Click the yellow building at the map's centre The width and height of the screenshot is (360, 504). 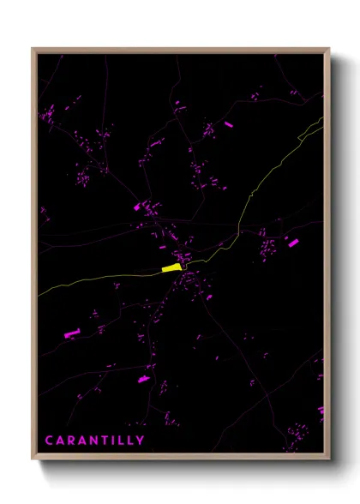click(x=171, y=268)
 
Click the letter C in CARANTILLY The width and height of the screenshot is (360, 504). click(x=49, y=441)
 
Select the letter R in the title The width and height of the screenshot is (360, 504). click(x=72, y=441)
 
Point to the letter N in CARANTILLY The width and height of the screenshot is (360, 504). click(x=95, y=441)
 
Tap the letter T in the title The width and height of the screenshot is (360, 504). click(x=106, y=441)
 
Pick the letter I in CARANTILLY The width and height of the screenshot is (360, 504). click(x=115, y=441)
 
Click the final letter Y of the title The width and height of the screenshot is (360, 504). click(x=141, y=441)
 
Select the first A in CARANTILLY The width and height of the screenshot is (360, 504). click(x=60, y=441)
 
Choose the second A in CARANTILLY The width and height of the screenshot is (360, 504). click(x=83, y=441)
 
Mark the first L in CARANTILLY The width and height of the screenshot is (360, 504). click(x=122, y=441)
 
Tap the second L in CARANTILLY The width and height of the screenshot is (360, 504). click(x=130, y=441)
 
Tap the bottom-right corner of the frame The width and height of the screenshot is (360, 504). click(x=329, y=459)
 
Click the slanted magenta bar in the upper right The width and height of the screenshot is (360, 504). click(x=229, y=125)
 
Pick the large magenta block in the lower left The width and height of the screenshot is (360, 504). click(x=71, y=333)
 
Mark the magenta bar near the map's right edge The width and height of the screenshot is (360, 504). click(x=293, y=243)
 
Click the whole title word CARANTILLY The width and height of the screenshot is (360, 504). click(x=94, y=441)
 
